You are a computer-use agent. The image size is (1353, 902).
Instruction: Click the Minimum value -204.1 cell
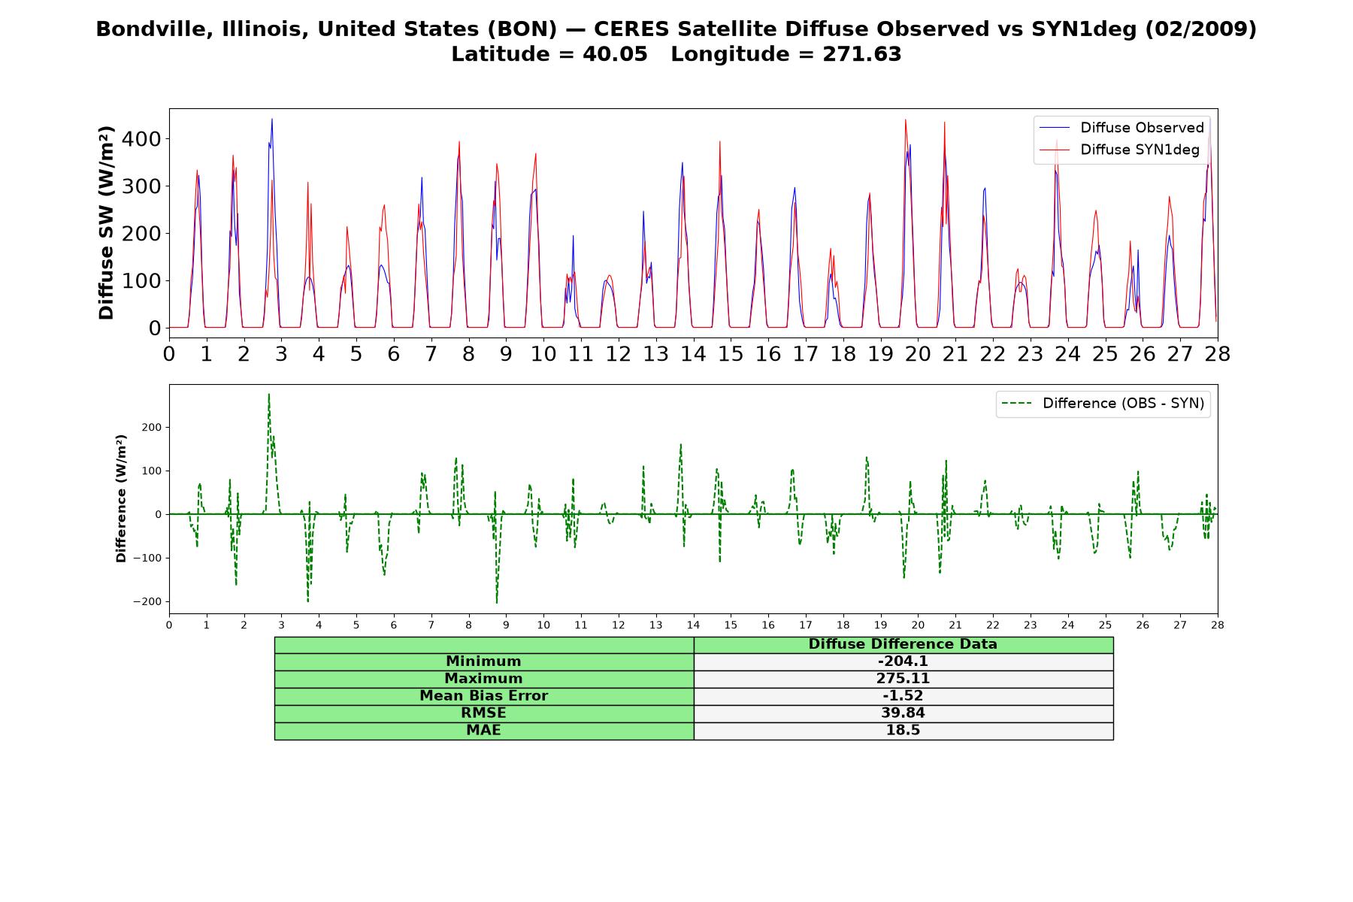click(903, 661)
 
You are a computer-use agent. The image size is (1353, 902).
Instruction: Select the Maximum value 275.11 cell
click(903, 679)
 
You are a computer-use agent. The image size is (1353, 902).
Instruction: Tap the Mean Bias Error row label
click(483, 696)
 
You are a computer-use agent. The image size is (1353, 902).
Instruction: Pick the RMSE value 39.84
click(903, 713)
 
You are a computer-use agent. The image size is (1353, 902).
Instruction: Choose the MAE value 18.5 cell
click(903, 731)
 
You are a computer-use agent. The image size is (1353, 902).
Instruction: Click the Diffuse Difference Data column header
click(903, 644)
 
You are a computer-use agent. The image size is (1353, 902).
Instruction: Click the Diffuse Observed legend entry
click(1121, 128)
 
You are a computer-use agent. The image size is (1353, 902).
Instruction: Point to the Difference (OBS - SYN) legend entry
click(1103, 404)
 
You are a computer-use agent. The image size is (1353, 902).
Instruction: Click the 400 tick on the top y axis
click(144, 139)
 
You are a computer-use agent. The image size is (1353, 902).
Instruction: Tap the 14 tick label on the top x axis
click(693, 353)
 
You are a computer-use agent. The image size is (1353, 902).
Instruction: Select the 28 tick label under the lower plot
click(1217, 625)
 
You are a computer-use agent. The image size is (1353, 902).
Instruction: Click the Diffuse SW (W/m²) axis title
click(107, 222)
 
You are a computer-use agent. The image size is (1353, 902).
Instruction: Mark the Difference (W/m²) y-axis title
click(121, 498)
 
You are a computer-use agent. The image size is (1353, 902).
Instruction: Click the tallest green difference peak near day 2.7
click(268, 394)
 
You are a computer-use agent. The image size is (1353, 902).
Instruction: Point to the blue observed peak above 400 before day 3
click(272, 119)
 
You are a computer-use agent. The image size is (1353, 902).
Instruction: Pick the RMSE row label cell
click(483, 713)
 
